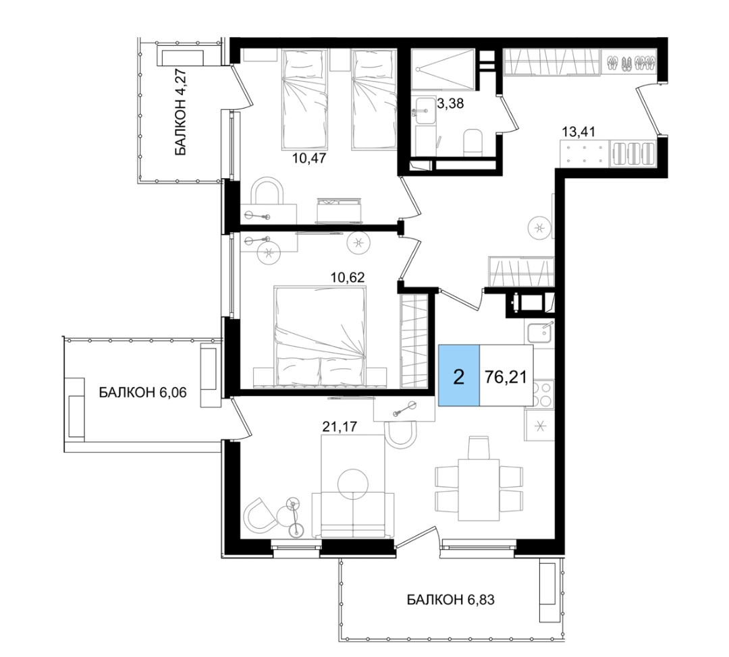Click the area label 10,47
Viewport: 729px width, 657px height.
[x=309, y=158]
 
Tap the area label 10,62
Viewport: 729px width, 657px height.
[x=348, y=277]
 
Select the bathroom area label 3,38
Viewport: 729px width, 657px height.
[x=451, y=103]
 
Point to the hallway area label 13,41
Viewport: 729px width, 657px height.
[x=578, y=132]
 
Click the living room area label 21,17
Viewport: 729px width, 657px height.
[x=340, y=426]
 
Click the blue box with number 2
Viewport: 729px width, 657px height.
[x=459, y=376]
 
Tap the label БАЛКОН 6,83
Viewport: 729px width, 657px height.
[x=450, y=600]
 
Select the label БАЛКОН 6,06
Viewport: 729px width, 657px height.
[x=142, y=393]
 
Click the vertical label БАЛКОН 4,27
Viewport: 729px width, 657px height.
[x=180, y=112]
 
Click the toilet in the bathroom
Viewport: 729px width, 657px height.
[x=473, y=142]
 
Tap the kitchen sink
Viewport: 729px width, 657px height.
[x=540, y=333]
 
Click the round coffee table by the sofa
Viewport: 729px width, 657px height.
[x=353, y=483]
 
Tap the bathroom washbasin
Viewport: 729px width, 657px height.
[x=426, y=111]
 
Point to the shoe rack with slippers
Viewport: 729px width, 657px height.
[x=630, y=62]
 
